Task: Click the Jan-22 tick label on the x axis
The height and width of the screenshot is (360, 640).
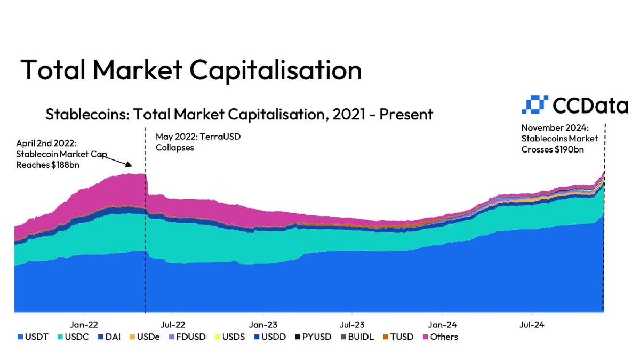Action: click(83, 324)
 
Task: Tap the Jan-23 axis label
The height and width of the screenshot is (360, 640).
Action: click(263, 324)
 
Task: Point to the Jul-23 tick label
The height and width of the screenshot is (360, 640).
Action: click(352, 324)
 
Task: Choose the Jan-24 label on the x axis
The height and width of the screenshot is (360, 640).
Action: click(443, 324)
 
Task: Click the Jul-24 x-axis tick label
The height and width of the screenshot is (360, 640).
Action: click(531, 324)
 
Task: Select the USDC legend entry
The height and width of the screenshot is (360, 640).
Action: click(75, 337)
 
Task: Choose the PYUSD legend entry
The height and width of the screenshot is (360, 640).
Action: click(311, 337)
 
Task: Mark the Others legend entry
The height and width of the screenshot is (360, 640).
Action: click(440, 337)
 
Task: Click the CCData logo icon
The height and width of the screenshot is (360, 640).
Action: click(534, 105)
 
